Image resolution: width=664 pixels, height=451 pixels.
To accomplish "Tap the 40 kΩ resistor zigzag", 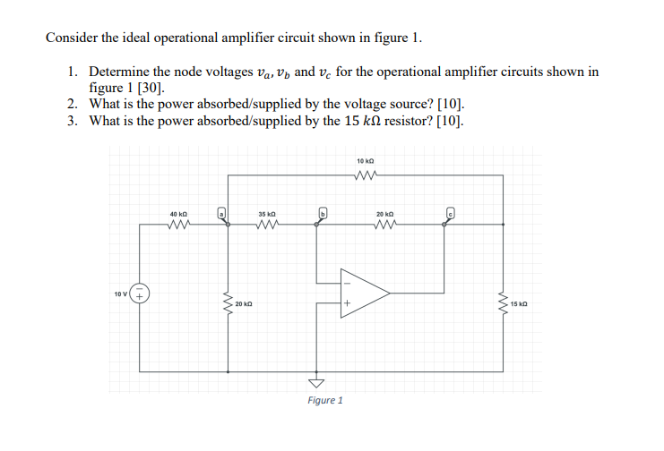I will coord(178,225).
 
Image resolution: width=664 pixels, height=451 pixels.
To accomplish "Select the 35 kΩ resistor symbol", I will coord(266,225).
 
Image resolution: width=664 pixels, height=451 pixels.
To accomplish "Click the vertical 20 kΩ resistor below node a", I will coord(229,303).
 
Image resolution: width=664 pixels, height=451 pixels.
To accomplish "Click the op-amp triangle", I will coord(363,292).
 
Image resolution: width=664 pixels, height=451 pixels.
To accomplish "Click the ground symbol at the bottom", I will coord(315,379).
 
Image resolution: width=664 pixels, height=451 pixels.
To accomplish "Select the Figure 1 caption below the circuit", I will coord(325,400).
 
